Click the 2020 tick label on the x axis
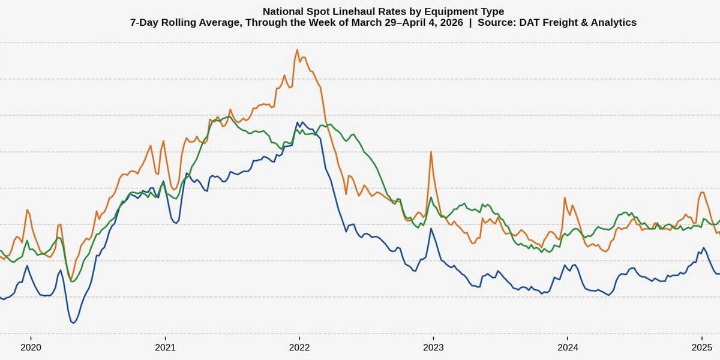31,347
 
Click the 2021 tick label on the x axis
165,347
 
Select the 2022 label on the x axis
299,347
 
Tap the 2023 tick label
433,347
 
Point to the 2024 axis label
568,347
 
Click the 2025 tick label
701,347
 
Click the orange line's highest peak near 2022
296,50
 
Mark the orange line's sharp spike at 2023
431,152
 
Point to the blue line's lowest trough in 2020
73,323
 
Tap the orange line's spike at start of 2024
565,199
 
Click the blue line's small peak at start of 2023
431,229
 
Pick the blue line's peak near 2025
703,247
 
